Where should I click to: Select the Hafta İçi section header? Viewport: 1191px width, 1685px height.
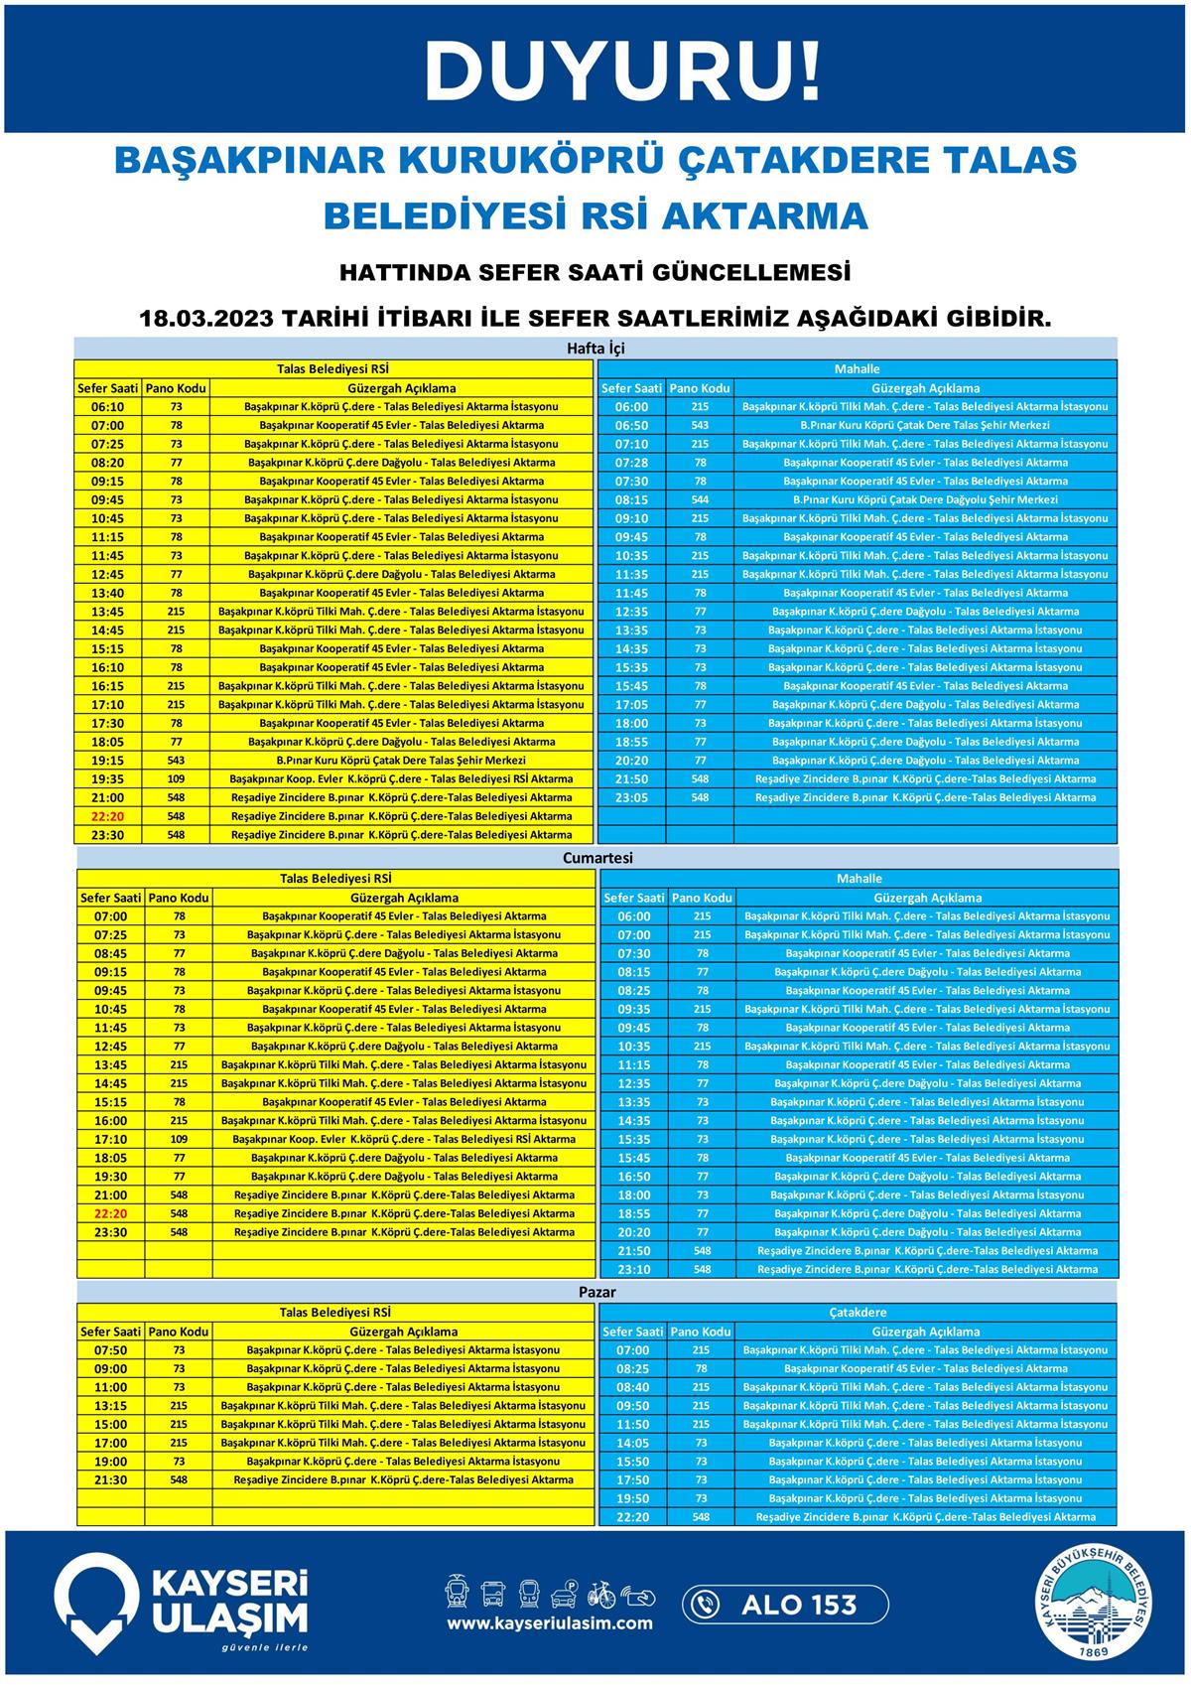595,349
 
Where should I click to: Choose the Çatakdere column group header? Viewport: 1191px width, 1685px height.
858,1312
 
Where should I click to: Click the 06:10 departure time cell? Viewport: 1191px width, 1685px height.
107,407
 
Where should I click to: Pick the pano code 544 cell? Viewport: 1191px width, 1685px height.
700,500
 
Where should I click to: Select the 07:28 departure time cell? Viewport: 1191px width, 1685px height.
631,463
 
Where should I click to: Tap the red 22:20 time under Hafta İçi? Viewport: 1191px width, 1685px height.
107,816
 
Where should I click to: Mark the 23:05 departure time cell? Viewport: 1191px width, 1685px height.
631,797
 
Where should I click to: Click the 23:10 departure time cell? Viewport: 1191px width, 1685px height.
633,1270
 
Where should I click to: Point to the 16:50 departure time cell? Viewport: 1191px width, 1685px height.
633,1177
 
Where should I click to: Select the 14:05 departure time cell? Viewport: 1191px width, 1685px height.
632,1443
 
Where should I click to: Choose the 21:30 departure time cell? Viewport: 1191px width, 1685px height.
111,1479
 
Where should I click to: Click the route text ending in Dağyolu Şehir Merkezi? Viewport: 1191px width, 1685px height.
925,500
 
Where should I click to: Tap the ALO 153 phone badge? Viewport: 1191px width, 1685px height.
784,1604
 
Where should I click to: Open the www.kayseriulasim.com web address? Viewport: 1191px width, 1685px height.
549,1623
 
